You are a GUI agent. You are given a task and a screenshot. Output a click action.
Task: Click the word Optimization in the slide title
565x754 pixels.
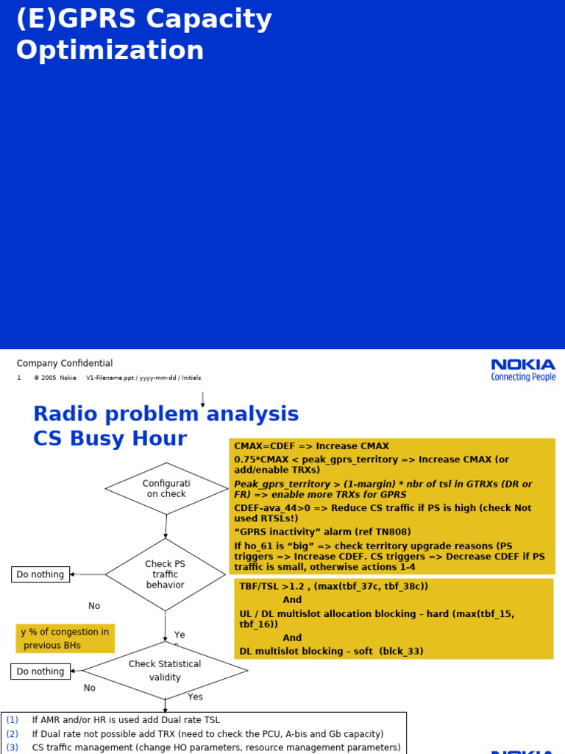click(110, 50)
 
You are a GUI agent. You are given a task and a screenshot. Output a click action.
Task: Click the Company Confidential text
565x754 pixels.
click(65, 363)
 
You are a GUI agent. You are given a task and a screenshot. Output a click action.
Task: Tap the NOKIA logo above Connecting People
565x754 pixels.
click(523, 364)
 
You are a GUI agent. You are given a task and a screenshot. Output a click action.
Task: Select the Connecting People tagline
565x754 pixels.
click(523, 377)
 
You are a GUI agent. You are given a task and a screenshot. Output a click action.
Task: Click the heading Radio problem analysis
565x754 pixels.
click(166, 414)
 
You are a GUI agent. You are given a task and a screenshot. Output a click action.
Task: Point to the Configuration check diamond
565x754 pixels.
click(166, 488)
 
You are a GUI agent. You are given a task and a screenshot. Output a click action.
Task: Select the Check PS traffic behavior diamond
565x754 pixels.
click(165, 574)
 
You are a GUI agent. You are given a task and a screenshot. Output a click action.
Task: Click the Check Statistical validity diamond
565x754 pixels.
click(165, 670)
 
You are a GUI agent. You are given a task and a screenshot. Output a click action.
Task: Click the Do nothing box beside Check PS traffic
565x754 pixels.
click(40, 574)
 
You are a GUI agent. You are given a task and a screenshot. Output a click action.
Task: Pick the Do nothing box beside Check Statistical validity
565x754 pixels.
click(40, 672)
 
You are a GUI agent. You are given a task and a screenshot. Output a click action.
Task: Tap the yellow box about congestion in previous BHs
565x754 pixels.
click(65, 638)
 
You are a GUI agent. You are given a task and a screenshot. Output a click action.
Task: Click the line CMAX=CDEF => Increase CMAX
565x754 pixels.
click(311, 446)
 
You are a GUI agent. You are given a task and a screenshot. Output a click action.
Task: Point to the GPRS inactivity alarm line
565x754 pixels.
click(322, 532)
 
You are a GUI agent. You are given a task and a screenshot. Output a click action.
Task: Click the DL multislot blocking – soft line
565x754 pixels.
click(331, 651)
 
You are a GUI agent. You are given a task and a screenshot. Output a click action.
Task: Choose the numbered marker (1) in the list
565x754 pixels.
click(13, 720)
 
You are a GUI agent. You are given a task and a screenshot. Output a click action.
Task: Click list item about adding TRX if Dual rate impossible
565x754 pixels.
click(207, 734)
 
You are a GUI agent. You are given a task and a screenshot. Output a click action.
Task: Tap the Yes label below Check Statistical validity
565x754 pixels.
click(195, 697)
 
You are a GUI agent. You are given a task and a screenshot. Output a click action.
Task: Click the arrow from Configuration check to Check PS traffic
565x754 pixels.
click(166, 526)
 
